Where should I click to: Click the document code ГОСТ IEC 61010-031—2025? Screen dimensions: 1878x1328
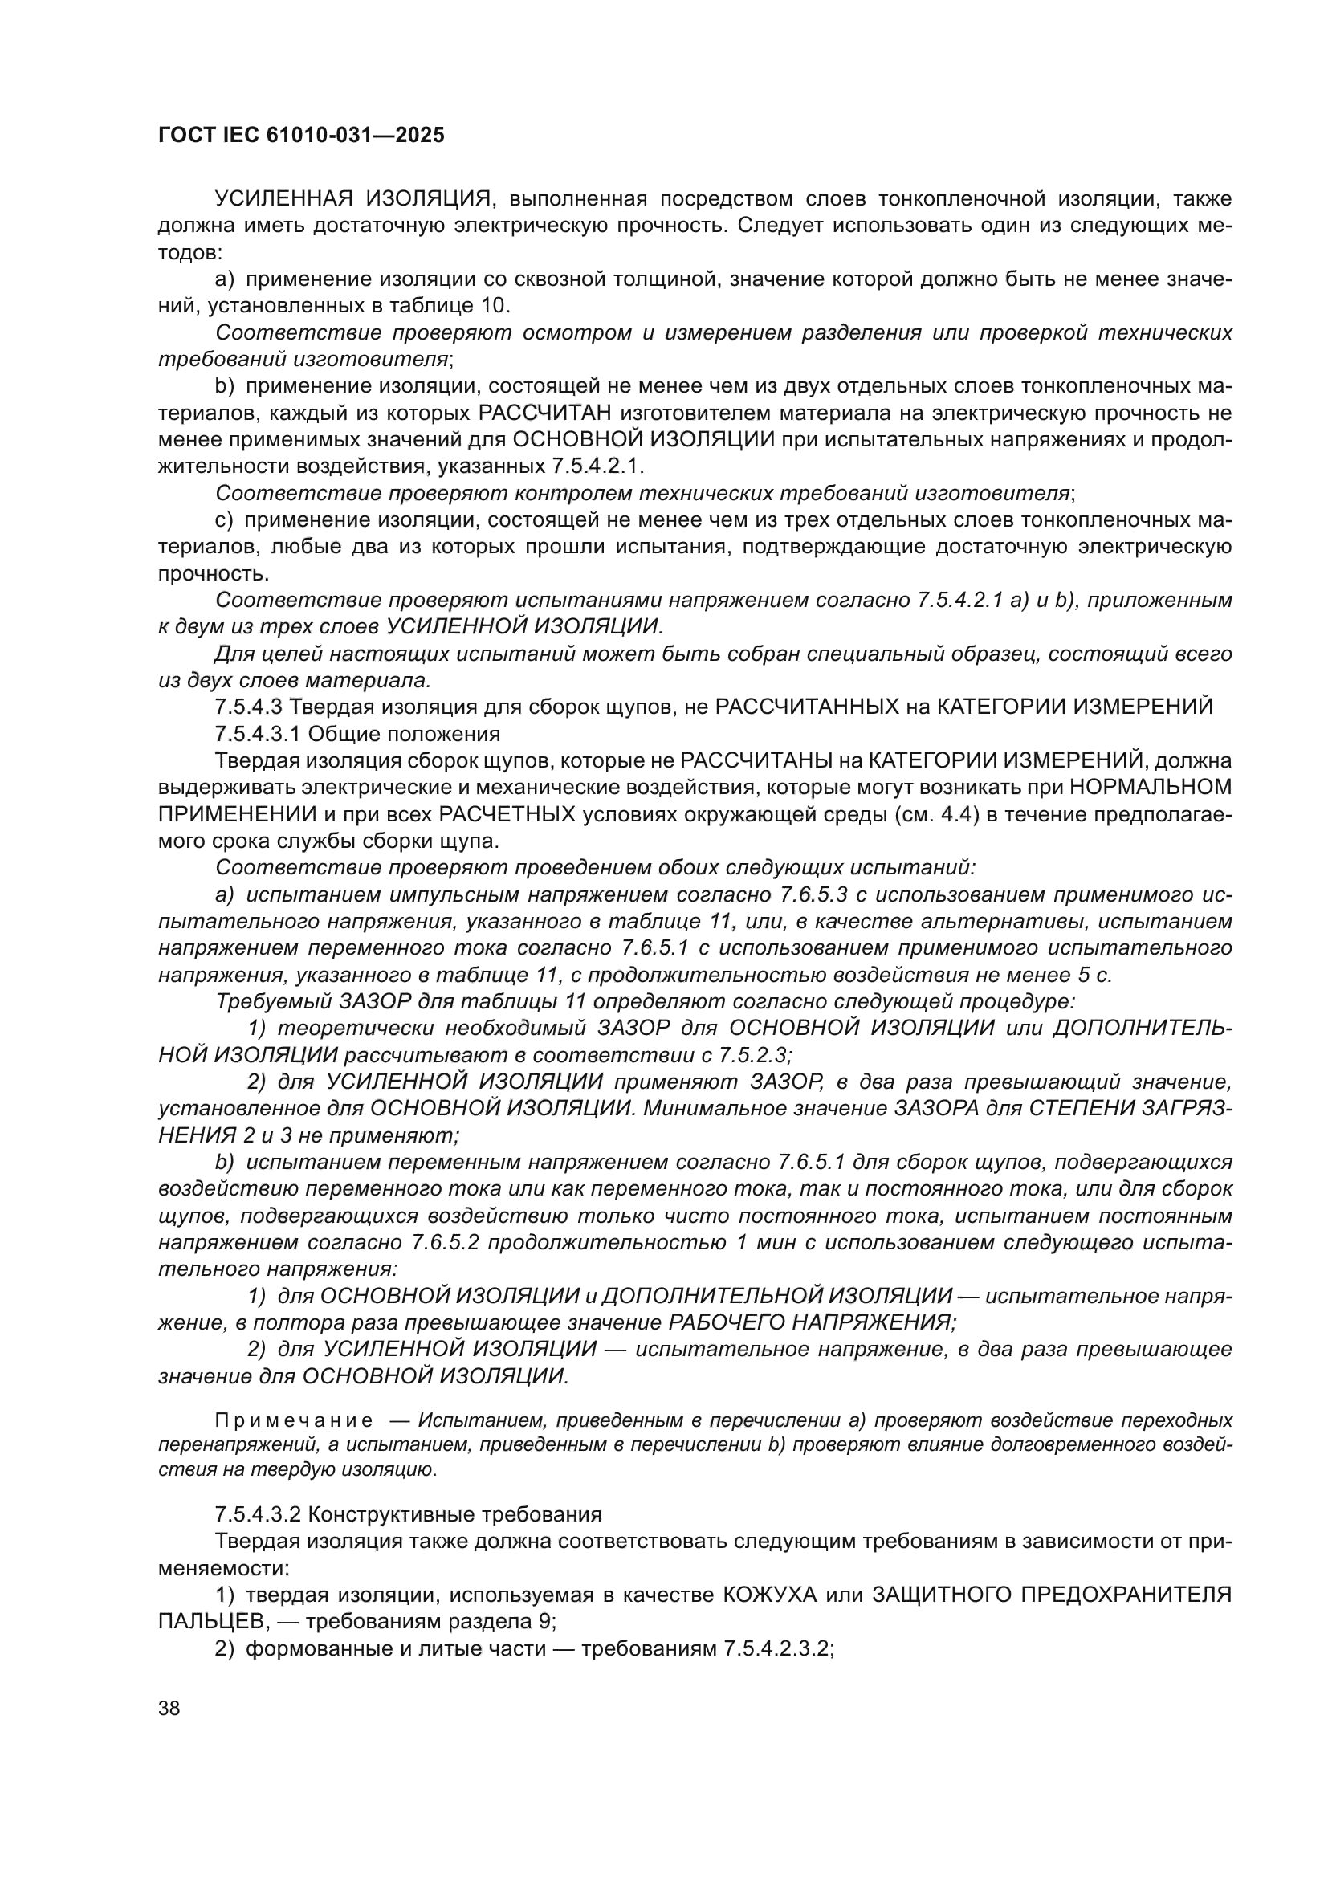pyautogui.click(x=301, y=135)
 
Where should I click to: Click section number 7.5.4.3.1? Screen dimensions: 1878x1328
pyautogui.click(x=257, y=733)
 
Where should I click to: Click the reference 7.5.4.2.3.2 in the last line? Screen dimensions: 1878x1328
pyautogui.click(x=778, y=1649)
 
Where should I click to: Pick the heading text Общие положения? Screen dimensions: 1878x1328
pyautogui.click(x=404, y=733)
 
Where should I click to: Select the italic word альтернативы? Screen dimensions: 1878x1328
pyautogui.click(x=1003, y=921)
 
